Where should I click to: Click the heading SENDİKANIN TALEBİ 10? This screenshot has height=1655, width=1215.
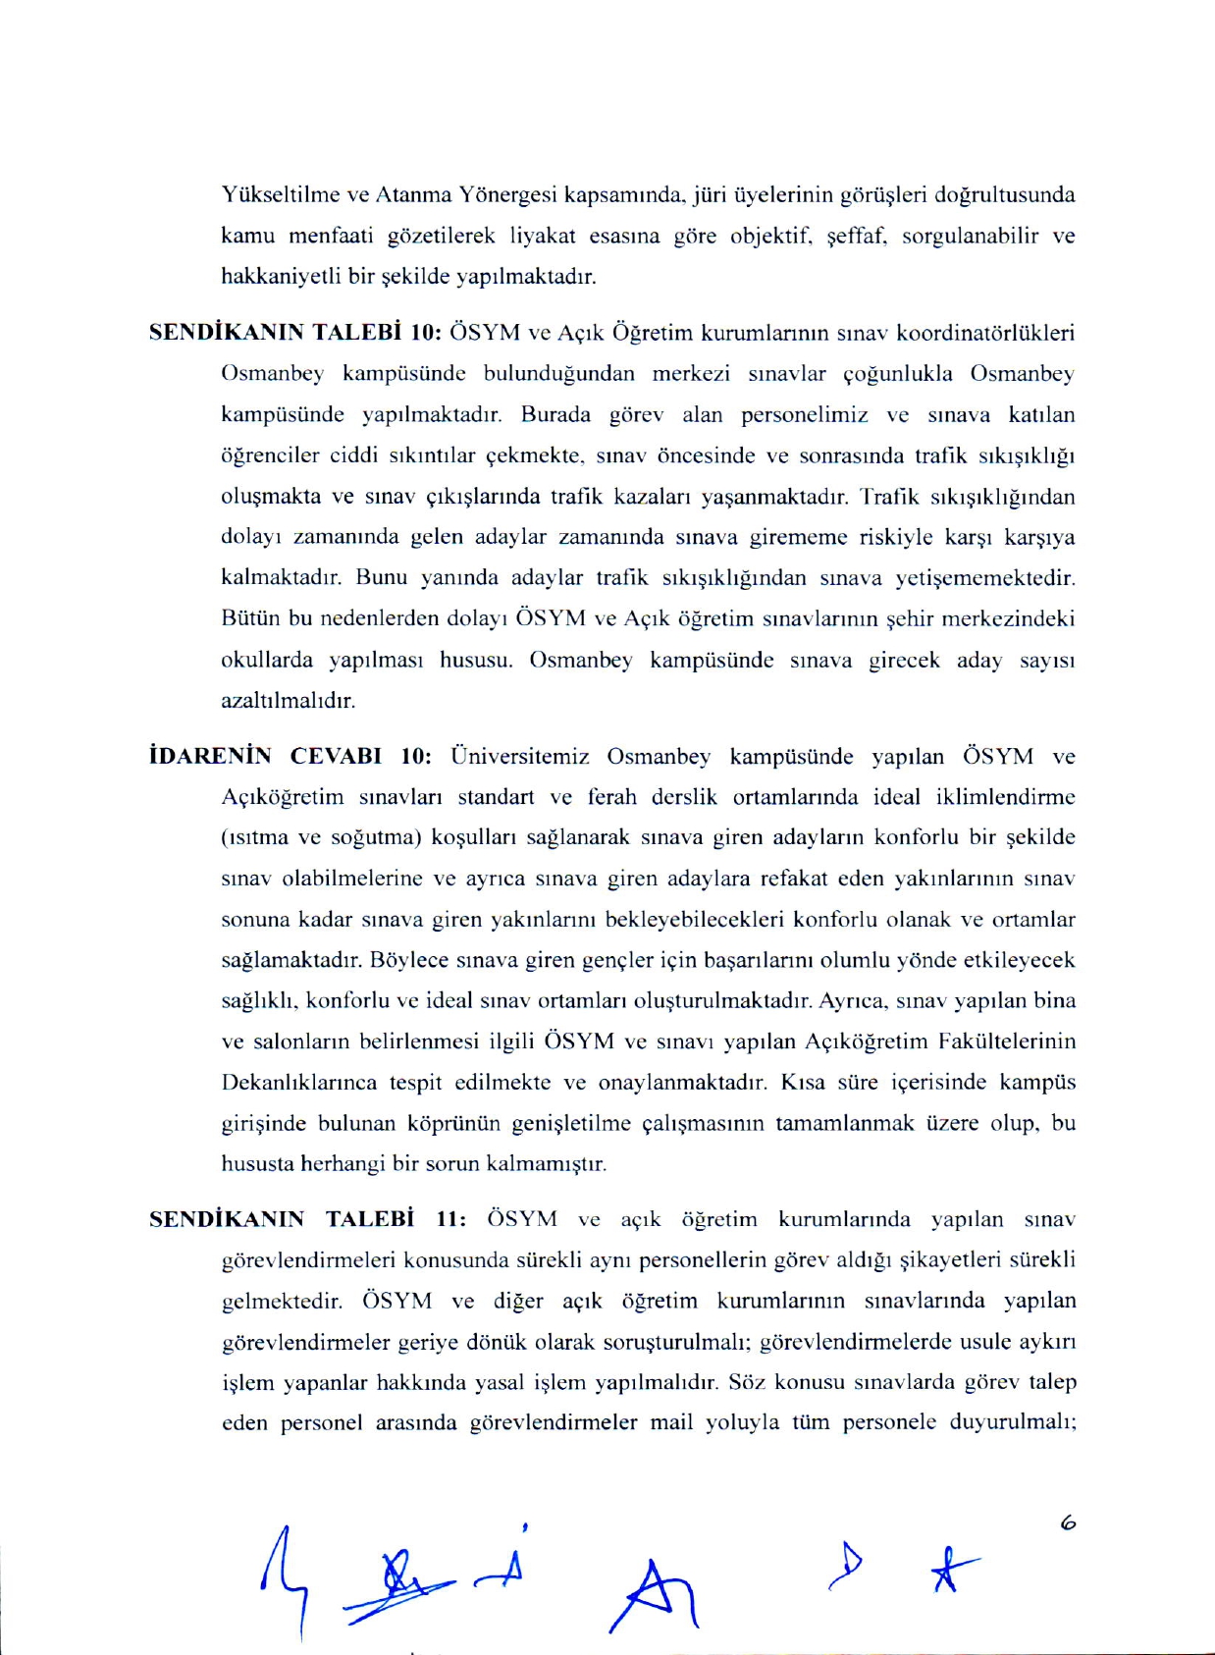pos(294,332)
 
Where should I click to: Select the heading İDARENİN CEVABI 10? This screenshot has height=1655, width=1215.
pos(290,756)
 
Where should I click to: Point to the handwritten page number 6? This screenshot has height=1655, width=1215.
pos(1068,1523)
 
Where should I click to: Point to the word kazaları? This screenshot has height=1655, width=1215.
pos(656,496)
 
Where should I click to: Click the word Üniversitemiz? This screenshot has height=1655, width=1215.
pos(519,756)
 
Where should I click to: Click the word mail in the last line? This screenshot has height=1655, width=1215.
pos(671,1422)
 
